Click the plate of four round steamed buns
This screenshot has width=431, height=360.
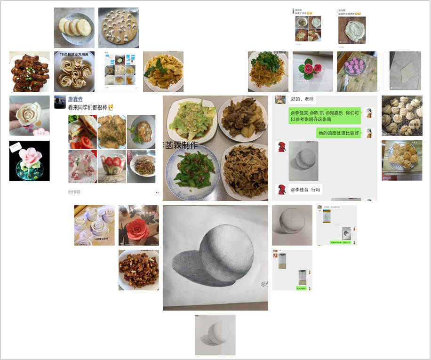tap(74, 27)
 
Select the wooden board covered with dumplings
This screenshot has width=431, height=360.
tap(119, 27)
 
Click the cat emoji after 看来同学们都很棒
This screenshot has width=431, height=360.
tap(111, 107)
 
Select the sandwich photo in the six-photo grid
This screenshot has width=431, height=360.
tap(82, 132)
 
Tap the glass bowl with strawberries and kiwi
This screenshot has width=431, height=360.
tap(112, 166)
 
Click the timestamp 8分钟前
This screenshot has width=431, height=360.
tap(74, 192)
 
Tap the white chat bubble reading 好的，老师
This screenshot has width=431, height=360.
tap(302, 100)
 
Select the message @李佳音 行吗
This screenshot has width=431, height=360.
tap(305, 190)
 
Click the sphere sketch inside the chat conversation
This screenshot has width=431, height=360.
tap(303, 161)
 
